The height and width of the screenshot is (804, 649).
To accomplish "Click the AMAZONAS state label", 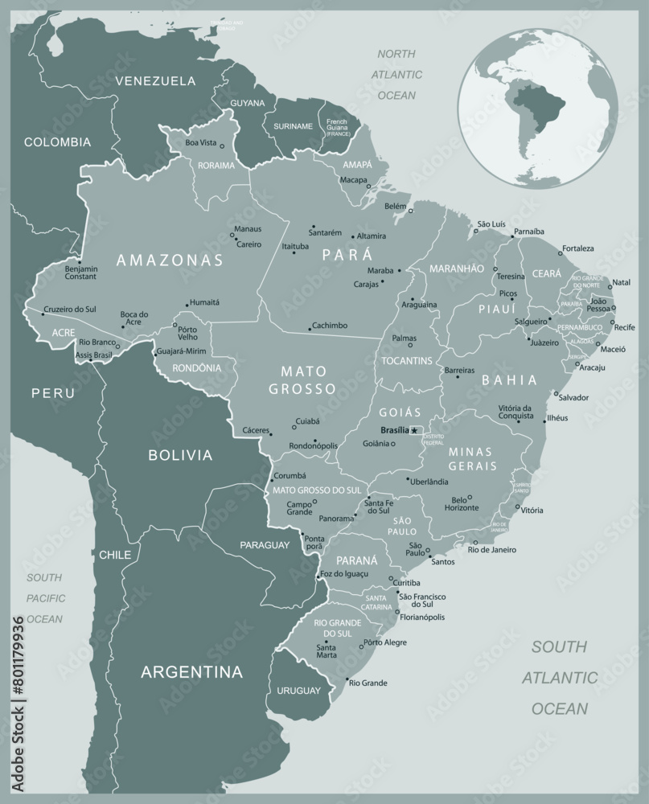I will point(169,260).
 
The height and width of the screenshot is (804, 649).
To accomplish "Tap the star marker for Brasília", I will point(415,431).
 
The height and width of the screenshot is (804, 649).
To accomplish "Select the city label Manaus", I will point(247,229).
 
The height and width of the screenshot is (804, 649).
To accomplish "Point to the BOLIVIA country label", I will point(180,455).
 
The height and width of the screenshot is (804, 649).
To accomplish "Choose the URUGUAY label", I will point(298,691).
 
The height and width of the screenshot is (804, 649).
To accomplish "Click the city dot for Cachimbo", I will point(310,329).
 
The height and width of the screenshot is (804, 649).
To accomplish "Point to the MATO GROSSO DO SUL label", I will point(317,490).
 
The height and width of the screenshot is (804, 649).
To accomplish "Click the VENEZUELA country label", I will point(155,80).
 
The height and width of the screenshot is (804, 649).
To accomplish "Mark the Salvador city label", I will point(573,397).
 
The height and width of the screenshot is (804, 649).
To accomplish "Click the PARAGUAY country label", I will point(265,545).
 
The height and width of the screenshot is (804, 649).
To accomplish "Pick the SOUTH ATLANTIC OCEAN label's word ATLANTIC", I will point(561,678).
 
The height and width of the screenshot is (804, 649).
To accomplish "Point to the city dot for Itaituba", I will point(294,253).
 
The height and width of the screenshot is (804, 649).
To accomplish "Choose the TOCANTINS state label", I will point(407,360).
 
